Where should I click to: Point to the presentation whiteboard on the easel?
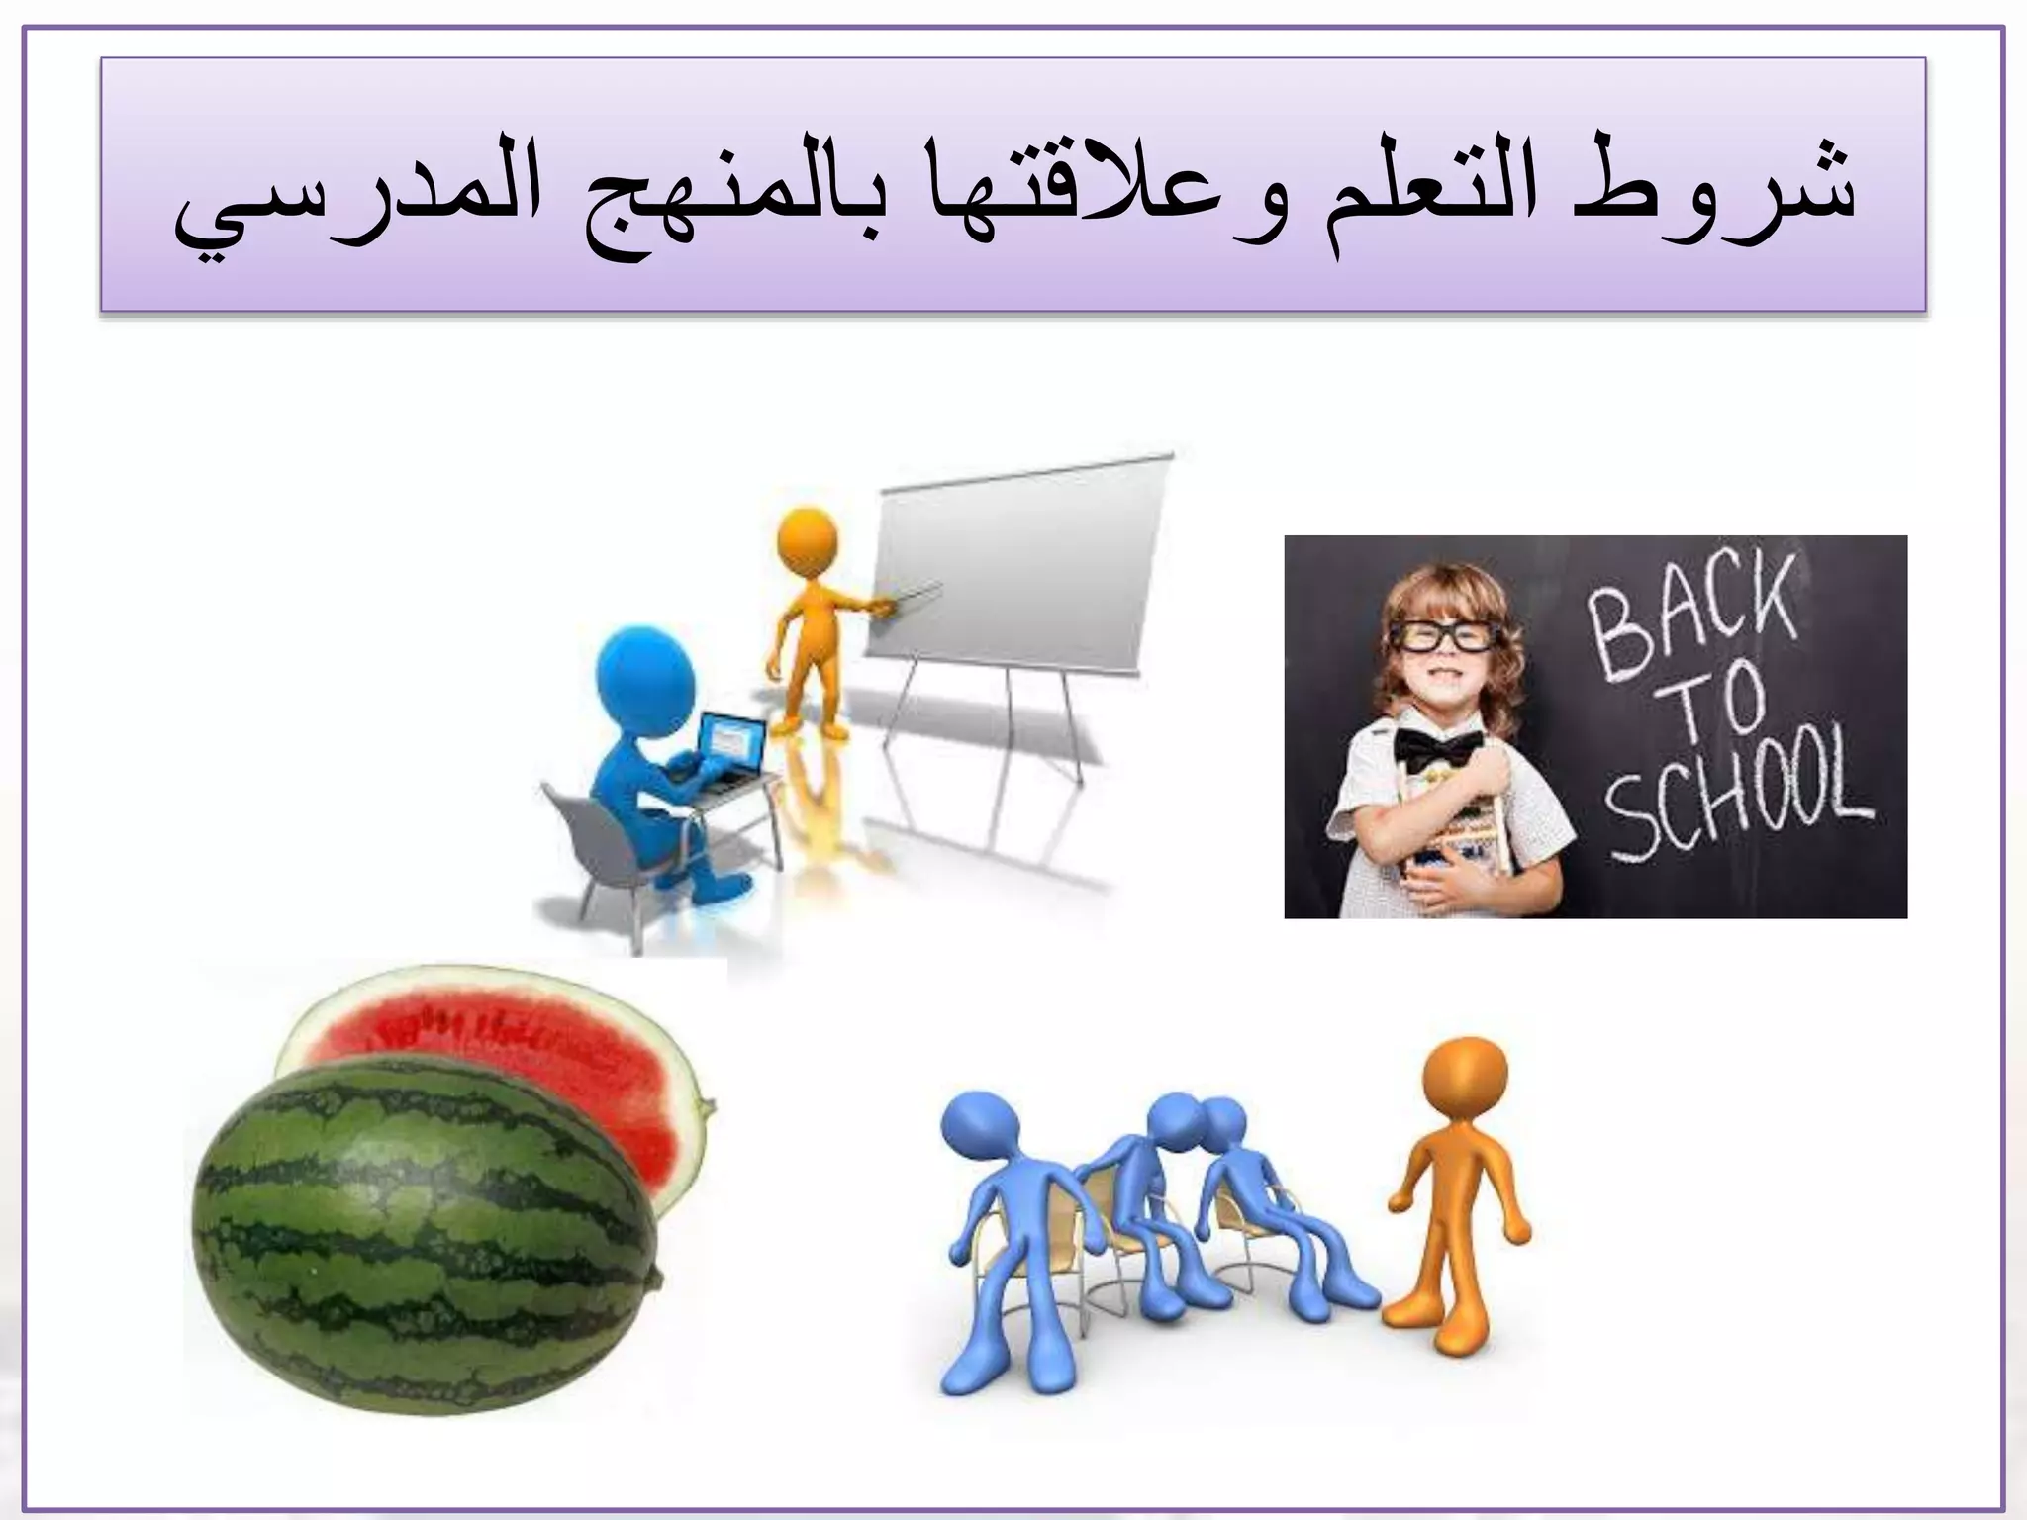coord(1019,574)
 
